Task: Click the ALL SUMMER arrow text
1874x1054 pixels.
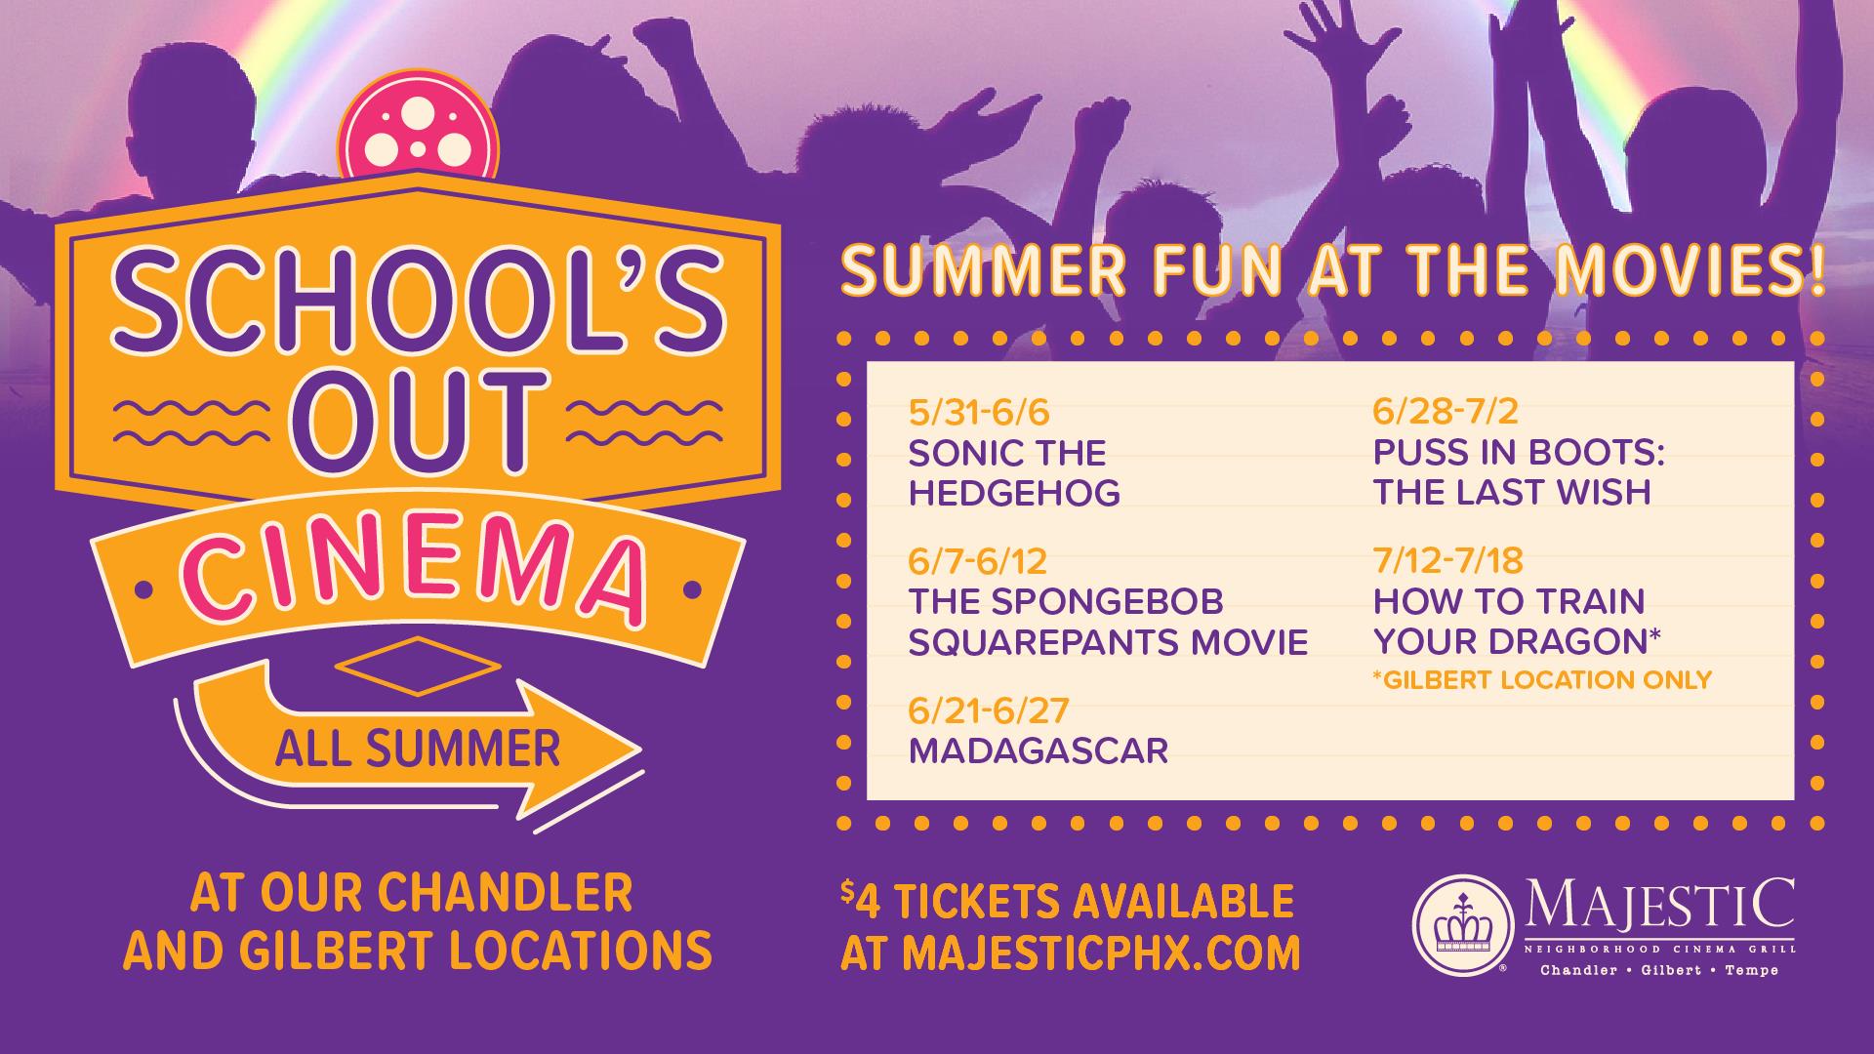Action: tap(417, 750)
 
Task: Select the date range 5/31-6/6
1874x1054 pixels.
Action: tap(978, 413)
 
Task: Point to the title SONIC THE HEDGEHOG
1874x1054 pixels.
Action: tap(1013, 473)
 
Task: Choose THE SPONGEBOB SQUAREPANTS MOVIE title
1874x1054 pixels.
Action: tap(1107, 622)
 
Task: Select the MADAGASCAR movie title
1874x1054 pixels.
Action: tap(1038, 751)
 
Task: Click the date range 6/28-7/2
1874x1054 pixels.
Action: tap(1445, 413)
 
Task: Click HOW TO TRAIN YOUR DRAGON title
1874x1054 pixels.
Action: tap(1516, 622)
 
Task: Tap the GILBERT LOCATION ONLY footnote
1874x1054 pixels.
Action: tap(1542, 679)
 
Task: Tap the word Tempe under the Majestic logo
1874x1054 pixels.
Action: tap(1748, 971)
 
